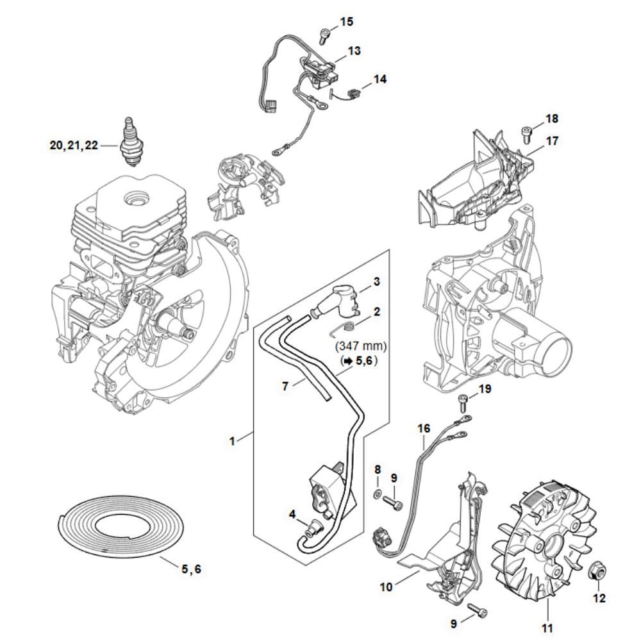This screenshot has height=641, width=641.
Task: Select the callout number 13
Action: click(x=354, y=51)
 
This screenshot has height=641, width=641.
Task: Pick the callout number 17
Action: click(x=552, y=139)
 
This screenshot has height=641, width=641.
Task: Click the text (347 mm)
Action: click(x=361, y=346)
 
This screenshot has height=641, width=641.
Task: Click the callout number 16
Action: click(x=423, y=426)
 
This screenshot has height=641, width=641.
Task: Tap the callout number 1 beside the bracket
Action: click(x=233, y=440)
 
